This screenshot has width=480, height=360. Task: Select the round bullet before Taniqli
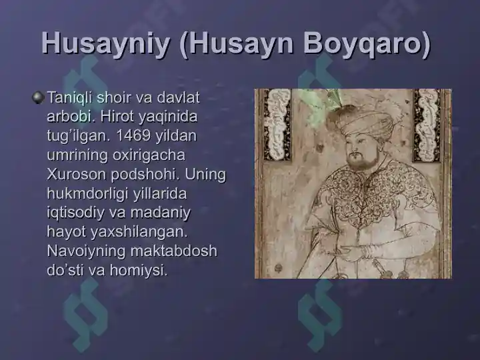38,97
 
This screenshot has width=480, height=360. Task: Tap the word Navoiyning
86,251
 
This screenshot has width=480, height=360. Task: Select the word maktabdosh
174,251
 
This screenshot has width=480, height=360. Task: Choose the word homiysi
139,270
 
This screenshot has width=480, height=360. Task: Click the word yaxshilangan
139,233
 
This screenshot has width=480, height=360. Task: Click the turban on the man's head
361,123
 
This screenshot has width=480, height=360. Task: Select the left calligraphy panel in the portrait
277,125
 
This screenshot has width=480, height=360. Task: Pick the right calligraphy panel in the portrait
427,125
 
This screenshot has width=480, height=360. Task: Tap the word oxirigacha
149,155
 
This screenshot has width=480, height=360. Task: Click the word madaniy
161,213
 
